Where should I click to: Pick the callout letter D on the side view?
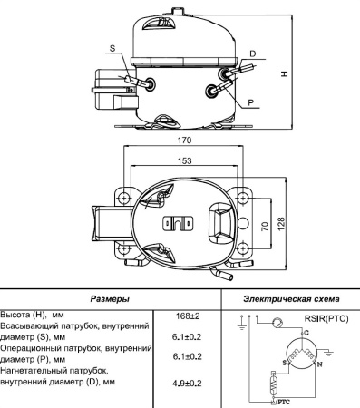coord(252,53)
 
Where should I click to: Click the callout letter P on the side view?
coord(250,103)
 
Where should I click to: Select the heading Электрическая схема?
coord(291,298)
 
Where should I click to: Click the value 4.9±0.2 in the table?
coord(187,383)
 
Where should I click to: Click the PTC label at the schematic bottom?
coord(284,399)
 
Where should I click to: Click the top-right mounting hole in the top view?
coord(242,196)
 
